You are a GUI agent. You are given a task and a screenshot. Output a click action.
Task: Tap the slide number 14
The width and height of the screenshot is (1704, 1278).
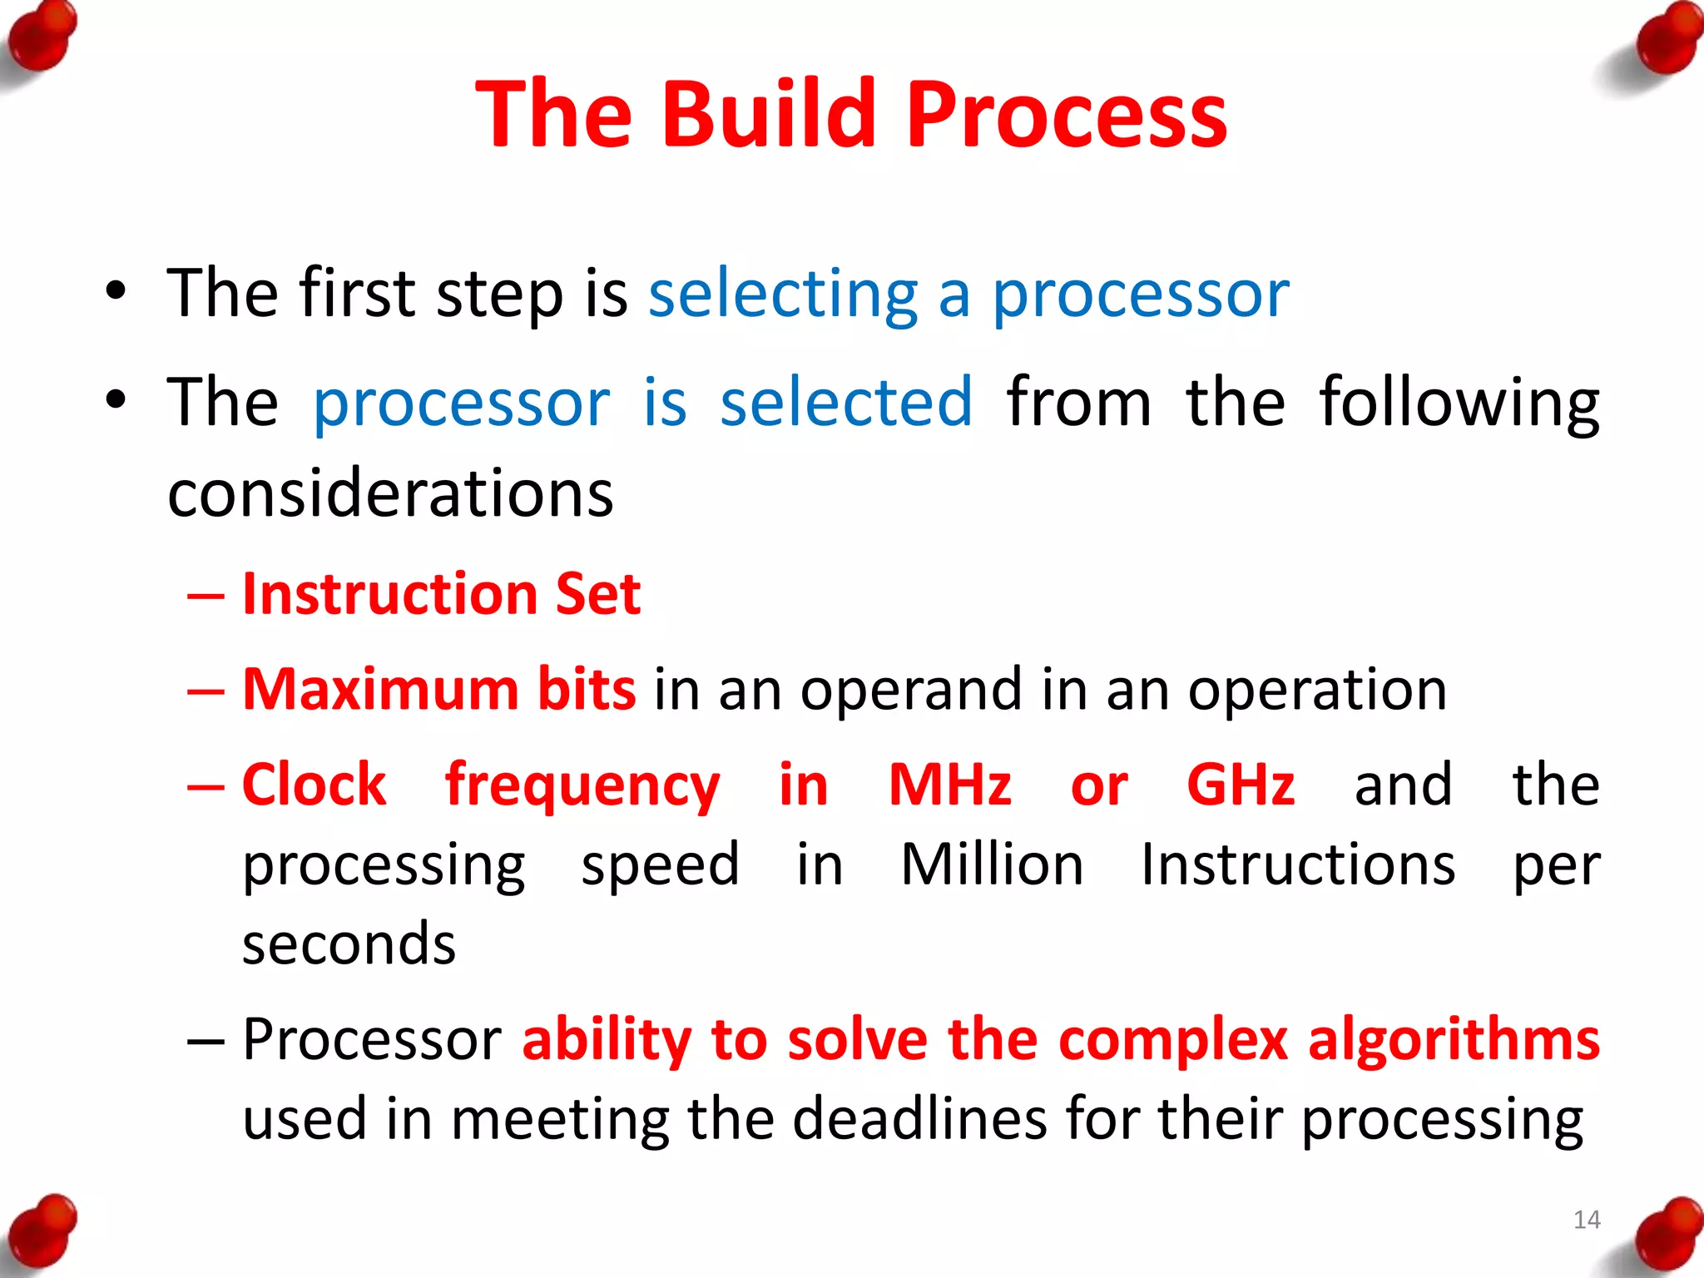coord(1587,1220)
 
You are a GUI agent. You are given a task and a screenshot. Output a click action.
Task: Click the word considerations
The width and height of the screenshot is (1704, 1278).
coord(390,493)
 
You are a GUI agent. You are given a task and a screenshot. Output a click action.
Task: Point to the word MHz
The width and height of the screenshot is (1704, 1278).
coord(949,785)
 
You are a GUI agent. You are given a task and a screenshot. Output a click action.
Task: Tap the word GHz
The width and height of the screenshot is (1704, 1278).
coord(1241,785)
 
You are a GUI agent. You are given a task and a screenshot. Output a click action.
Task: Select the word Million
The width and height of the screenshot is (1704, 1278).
coord(992,865)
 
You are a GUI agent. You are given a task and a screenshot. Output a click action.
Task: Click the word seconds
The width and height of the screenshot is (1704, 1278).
coord(349,944)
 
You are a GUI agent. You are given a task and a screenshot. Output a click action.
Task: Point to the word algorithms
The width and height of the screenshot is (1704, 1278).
coord(1453,1040)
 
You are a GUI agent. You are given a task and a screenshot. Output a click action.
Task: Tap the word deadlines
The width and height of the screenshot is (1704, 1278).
coord(919,1119)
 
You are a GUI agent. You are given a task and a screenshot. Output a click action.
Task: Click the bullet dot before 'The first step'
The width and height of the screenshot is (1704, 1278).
coord(116,292)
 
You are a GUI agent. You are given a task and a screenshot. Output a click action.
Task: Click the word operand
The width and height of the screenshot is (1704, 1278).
coord(911,691)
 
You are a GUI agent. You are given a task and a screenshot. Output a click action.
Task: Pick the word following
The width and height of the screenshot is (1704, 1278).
coord(1459,404)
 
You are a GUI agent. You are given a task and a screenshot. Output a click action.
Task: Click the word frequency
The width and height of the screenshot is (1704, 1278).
coord(582,786)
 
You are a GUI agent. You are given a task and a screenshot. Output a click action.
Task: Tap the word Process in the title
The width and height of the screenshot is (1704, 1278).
coord(1066,114)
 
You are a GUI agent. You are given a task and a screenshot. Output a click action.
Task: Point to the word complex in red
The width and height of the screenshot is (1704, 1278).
coord(1173,1040)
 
